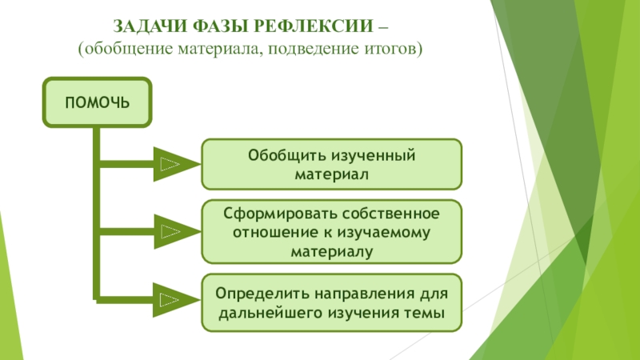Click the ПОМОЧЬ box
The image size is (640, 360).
coord(98,102)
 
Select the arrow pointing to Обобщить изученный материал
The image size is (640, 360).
coord(171,164)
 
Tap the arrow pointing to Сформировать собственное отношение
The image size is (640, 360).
coord(171,232)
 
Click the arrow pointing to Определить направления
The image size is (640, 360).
coord(171,300)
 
